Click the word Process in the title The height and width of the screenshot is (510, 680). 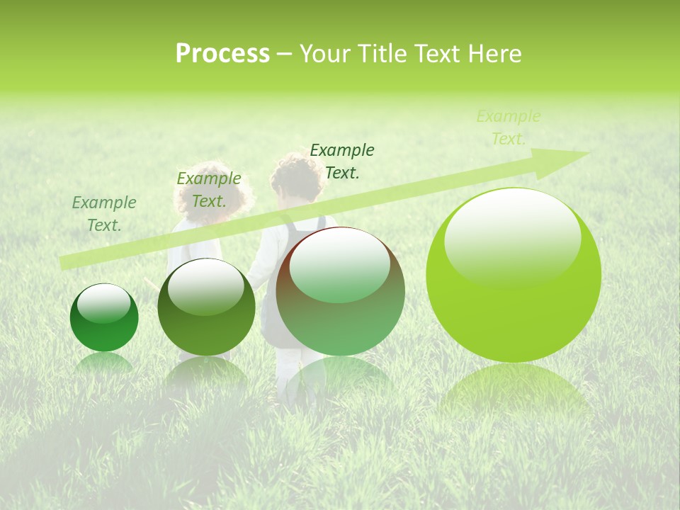pyautogui.click(x=222, y=54)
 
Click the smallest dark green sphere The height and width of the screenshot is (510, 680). pyautogui.click(x=104, y=318)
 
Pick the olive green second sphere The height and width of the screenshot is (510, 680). pyautogui.click(x=206, y=307)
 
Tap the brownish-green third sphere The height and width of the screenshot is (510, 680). pyautogui.click(x=341, y=291)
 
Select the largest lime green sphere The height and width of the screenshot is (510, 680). pyautogui.click(x=514, y=275)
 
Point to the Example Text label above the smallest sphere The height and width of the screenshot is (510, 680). pyautogui.click(x=104, y=214)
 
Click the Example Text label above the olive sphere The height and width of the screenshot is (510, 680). pyautogui.click(x=208, y=190)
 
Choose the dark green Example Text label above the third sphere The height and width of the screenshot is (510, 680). pyautogui.click(x=342, y=161)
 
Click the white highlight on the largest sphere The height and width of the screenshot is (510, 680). pyautogui.click(x=512, y=237)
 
